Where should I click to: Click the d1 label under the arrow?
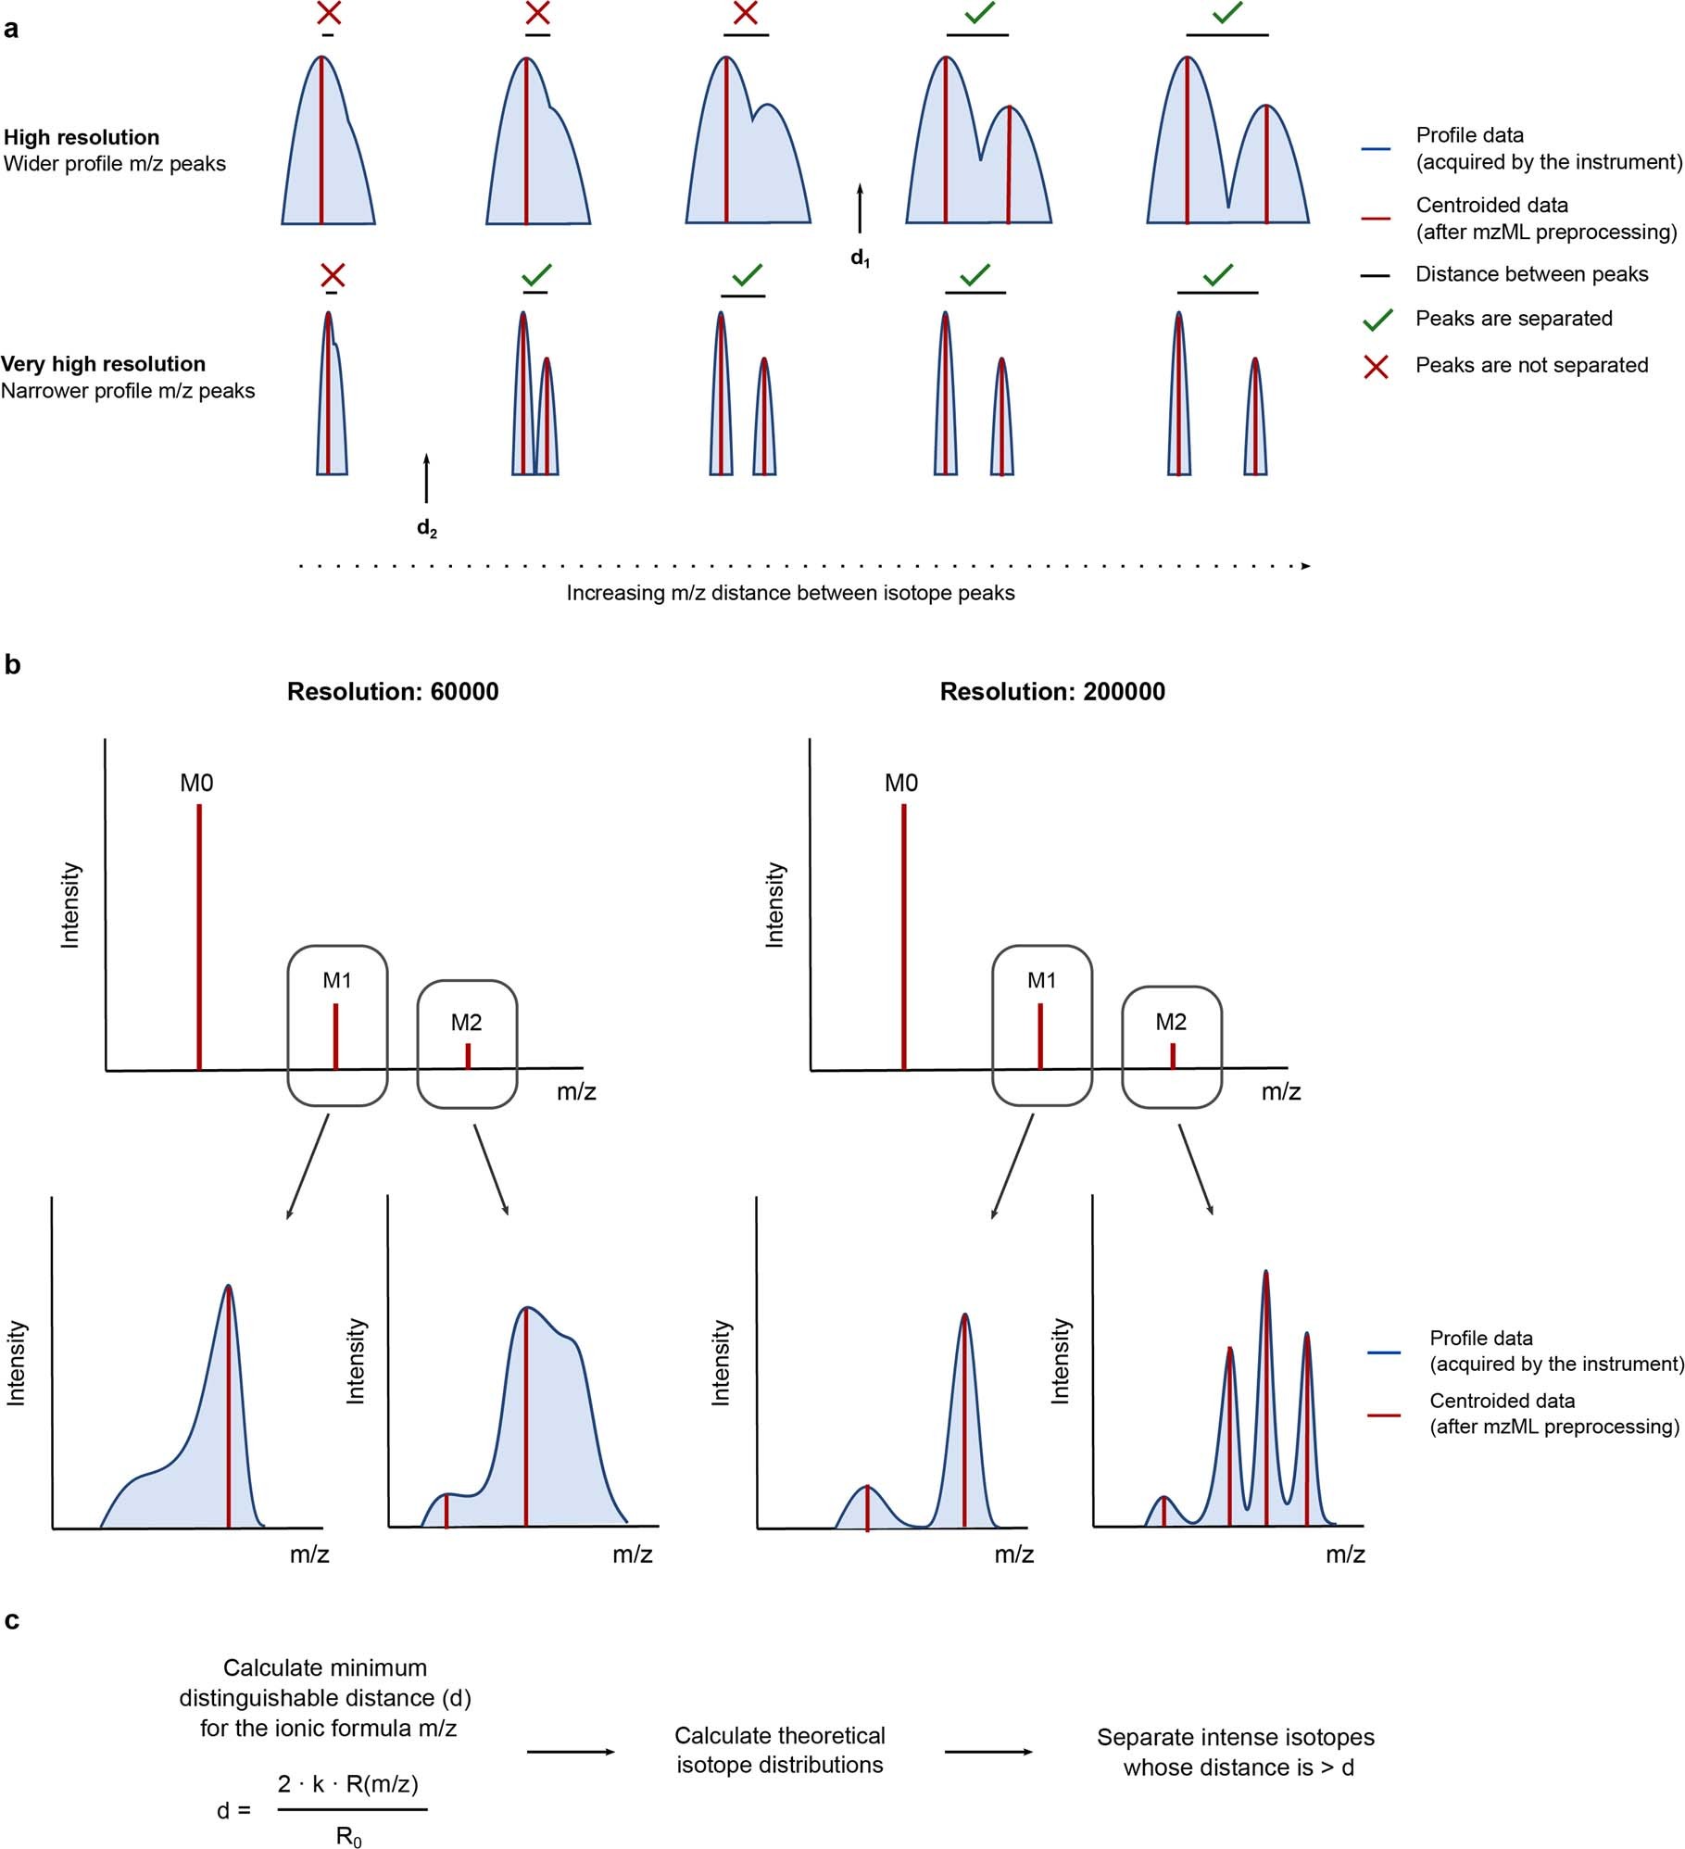(860, 258)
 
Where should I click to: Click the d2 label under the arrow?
(426, 528)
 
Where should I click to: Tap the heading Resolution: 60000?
(393, 692)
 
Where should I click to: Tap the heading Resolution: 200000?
(1052, 692)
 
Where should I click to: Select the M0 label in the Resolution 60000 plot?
(196, 784)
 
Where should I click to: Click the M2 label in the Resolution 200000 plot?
(1171, 1022)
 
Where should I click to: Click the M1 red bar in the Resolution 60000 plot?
(335, 1036)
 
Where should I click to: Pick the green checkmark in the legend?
(1377, 320)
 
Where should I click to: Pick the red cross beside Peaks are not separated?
(1377, 367)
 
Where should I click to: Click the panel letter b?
(12, 665)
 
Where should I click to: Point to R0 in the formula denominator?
(348, 1837)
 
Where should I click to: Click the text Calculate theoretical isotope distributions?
(779, 1750)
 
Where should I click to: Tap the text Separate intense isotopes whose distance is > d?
(1238, 1752)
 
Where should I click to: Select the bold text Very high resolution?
(103, 364)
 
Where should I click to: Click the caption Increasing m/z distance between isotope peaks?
(790, 593)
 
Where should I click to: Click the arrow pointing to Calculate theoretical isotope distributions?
(570, 1752)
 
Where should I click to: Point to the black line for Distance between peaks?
(1376, 275)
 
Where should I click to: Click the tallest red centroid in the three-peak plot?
(1265, 1399)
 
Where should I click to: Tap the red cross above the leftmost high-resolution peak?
(328, 13)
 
